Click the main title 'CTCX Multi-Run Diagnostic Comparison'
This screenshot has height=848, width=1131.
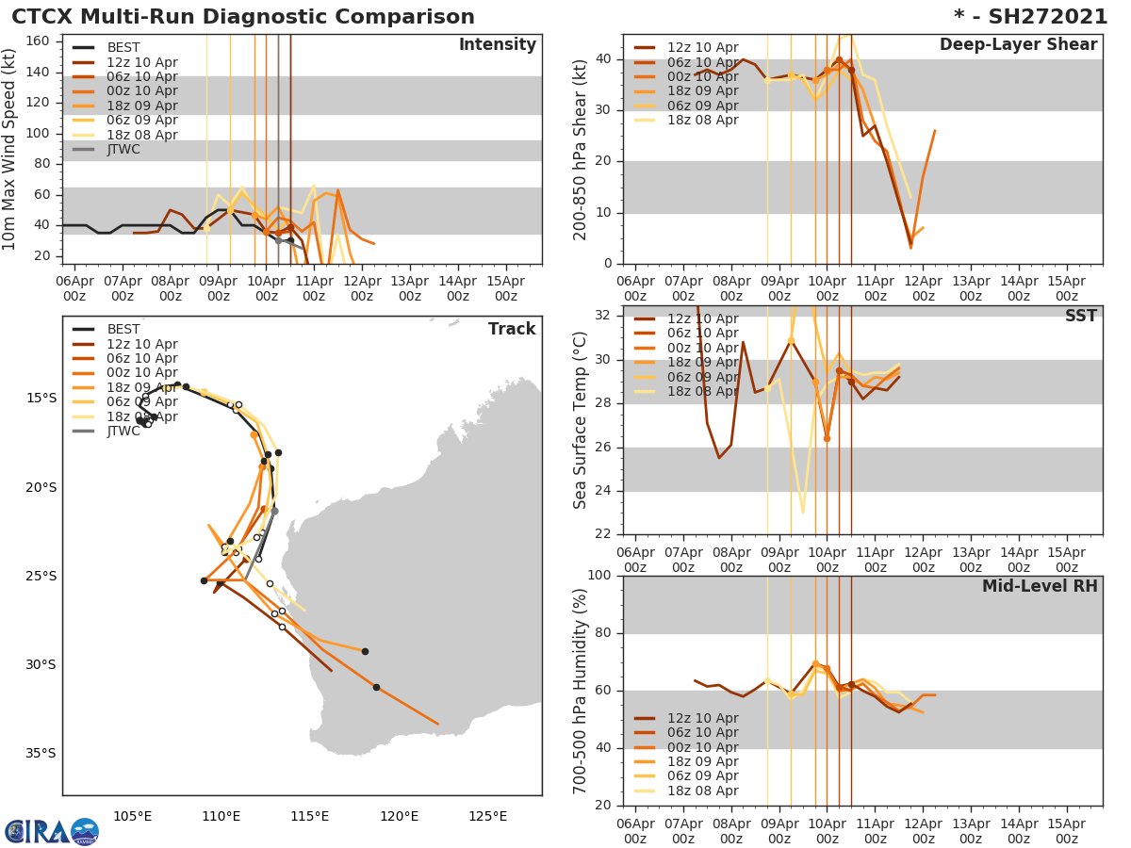243,17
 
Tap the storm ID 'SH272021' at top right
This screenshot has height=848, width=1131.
1043,17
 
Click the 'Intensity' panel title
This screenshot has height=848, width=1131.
497,45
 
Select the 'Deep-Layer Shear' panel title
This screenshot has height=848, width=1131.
1018,45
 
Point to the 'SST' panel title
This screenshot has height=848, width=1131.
1080,317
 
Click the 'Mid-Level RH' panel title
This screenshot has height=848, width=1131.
1039,586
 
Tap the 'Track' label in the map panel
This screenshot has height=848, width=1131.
512,329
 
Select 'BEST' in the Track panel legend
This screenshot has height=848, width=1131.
123,329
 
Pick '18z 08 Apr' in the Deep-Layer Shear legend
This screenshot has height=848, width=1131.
703,121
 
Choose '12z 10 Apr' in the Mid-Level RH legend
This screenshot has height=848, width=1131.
703,718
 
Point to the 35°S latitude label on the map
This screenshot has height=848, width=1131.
41,753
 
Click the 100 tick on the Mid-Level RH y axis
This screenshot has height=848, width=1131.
599,576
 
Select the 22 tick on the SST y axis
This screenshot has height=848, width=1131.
603,535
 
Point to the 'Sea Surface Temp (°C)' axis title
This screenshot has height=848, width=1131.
581,420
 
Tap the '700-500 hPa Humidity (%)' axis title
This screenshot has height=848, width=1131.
581,691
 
